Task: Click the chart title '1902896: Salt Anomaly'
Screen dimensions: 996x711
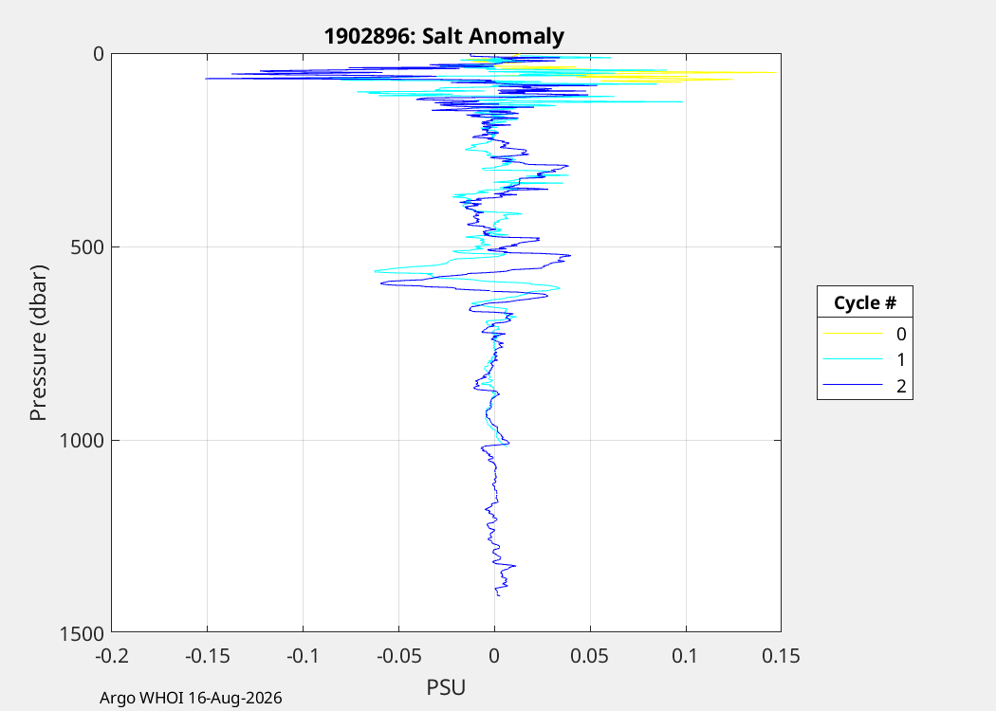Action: [x=444, y=36]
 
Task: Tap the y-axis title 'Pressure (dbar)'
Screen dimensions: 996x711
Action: [x=39, y=343]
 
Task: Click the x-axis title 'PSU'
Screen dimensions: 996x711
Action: [x=446, y=687]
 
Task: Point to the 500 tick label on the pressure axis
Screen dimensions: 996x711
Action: [x=86, y=246]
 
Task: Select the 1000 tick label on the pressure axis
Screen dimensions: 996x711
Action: [x=82, y=440]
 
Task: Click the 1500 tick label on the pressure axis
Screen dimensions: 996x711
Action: [x=82, y=633]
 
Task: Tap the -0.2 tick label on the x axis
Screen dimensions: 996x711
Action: [x=111, y=656]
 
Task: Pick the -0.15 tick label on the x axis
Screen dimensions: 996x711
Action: [x=207, y=656]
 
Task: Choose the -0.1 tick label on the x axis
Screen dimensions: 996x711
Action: [x=303, y=656]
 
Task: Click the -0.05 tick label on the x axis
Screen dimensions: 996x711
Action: [x=399, y=656]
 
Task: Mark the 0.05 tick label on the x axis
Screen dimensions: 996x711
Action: [x=590, y=656]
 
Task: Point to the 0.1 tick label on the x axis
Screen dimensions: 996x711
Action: [x=686, y=656]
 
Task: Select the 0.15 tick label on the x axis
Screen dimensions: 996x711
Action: [x=782, y=656]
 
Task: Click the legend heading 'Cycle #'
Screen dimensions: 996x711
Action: [x=864, y=302]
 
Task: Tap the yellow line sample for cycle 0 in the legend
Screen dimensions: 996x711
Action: [x=853, y=334]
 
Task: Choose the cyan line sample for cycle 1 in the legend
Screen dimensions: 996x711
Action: [x=853, y=359]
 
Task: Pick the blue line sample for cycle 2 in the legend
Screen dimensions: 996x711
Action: [x=853, y=385]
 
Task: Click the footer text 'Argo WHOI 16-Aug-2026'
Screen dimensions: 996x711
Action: [x=191, y=699]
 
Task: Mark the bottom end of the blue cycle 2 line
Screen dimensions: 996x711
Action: [x=499, y=595]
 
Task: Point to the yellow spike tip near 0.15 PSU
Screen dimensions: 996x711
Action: [x=776, y=72]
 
